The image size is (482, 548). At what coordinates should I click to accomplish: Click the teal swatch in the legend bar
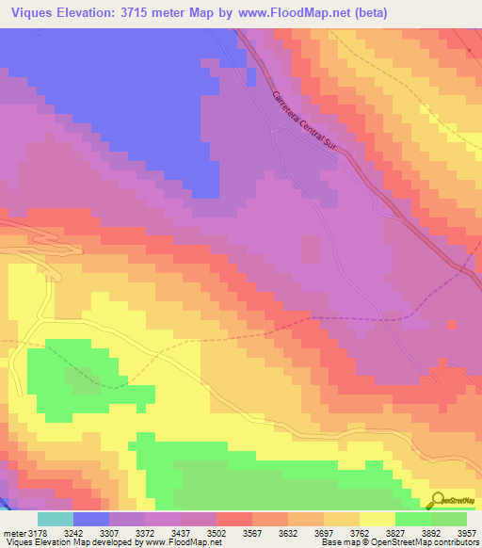click(56, 519)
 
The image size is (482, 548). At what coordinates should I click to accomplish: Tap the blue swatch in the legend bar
click(91, 519)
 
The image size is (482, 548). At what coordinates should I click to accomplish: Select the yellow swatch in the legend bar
click(378, 519)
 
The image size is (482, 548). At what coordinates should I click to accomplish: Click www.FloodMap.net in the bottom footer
click(183, 542)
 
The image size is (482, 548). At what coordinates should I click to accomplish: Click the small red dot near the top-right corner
click(469, 51)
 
